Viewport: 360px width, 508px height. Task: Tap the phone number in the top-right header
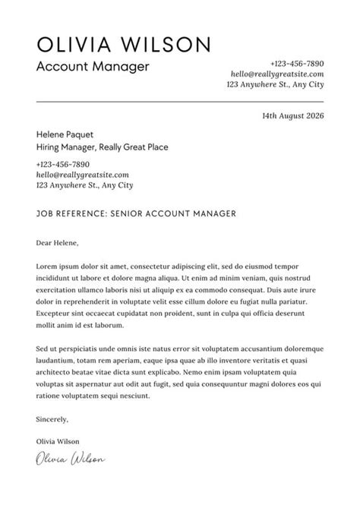(296, 64)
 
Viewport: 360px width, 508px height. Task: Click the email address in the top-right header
(277, 74)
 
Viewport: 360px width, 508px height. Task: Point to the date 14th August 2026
(292, 117)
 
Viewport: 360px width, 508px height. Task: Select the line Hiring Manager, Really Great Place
(102, 147)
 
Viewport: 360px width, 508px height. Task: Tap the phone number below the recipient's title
(62, 164)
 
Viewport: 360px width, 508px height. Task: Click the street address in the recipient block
(84, 185)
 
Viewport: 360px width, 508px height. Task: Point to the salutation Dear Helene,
(58, 244)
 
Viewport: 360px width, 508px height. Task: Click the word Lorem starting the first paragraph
(47, 267)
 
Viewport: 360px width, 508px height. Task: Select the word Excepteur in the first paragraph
(54, 313)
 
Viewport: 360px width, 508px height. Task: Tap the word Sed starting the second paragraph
(43, 348)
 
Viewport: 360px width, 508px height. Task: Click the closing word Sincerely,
(52, 419)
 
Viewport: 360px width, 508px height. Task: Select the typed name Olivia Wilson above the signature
(57, 441)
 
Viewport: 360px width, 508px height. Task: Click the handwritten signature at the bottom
(70, 458)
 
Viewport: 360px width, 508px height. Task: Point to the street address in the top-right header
(275, 85)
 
